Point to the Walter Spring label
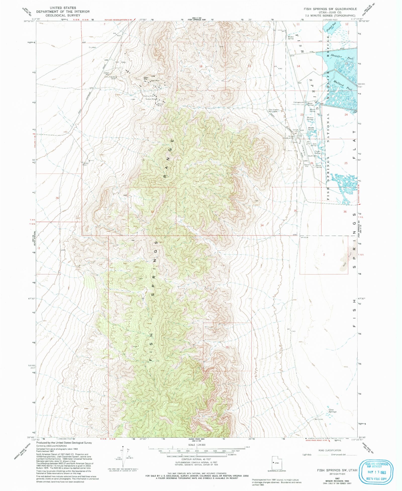click(x=290, y=38)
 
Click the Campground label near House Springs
click(x=298, y=102)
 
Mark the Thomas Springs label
click(x=310, y=119)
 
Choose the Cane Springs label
click(x=332, y=411)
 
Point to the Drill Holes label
click(x=120, y=62)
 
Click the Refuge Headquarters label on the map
click(x=288, y=137)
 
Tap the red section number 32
click(x=152, y=211)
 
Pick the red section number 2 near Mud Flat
click(x=324, y=255)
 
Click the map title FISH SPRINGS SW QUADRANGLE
click(x=330, y=9)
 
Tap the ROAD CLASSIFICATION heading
click(x=330, y=450)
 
